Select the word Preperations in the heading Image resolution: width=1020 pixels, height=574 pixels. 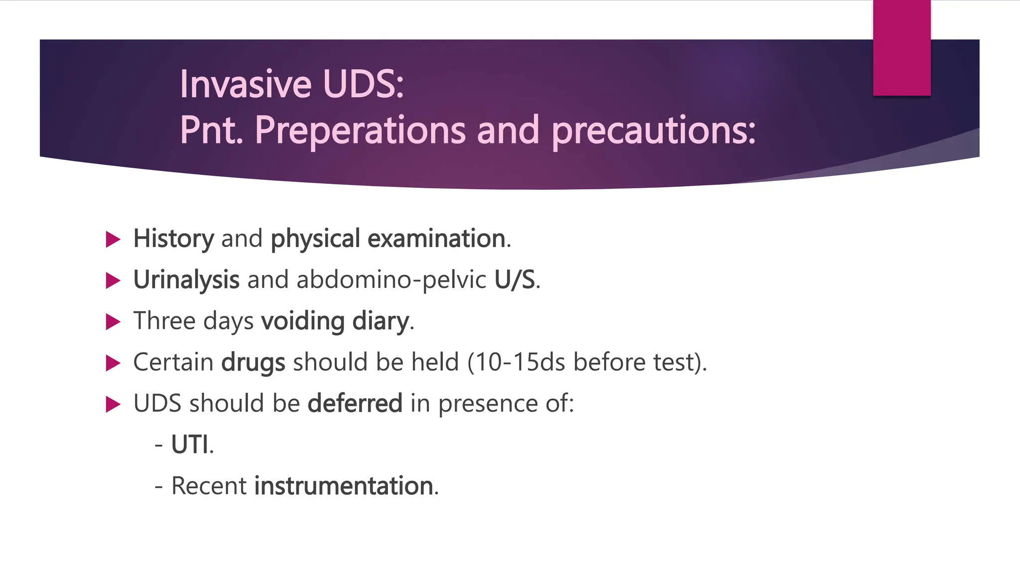click(x=360, y=131)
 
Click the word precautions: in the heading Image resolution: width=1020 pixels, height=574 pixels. click(x=653, y=131)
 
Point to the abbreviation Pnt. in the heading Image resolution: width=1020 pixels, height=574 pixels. click(x=211, y=131)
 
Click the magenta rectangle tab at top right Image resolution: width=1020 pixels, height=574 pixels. click(x=901, y=48)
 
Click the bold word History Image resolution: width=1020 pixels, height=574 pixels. click(x=173, y=239)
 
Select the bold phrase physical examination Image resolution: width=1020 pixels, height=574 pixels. click(x=388, y=239)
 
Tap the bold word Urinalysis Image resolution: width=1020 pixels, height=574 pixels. click(x=186, y=280)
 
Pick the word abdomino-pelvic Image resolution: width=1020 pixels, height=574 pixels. click(x=391, y=280)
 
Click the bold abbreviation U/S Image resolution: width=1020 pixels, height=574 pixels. click(x=514, y=280)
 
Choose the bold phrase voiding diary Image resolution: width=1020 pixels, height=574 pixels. click(x=335, y=321)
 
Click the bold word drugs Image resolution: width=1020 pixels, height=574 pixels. click(x=253, y=362)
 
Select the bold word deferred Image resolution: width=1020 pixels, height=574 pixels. click(x=355, y=403)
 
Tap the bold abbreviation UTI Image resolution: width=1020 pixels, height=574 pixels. click(x=190, y=444)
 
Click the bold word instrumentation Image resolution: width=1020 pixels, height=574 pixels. click(x=344, y=486)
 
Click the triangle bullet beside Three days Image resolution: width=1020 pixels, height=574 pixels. click(x=113, y=322)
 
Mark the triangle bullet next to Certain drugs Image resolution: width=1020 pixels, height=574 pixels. click(x=113, y=363)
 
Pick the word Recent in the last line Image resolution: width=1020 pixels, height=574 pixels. click(x=209, y=486)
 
